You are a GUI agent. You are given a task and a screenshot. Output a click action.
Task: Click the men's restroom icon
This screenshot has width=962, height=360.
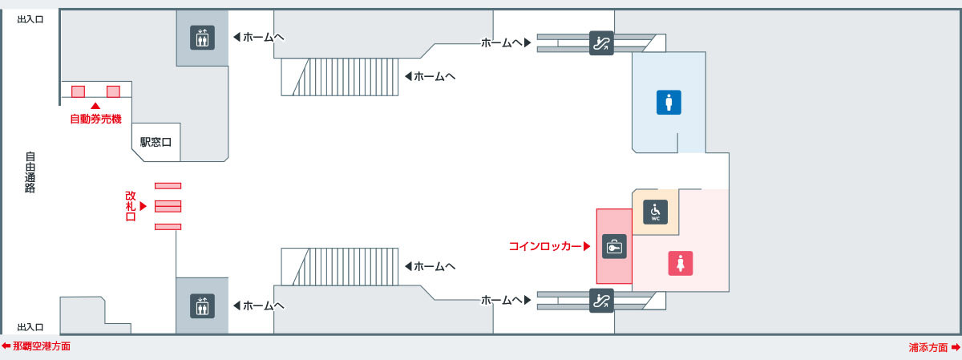669,103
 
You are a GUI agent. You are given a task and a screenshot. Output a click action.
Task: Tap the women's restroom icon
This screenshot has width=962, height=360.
681,263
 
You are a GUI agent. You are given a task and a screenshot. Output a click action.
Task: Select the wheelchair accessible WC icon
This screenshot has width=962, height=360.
656,212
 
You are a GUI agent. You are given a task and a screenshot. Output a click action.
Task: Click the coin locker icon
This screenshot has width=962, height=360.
614,247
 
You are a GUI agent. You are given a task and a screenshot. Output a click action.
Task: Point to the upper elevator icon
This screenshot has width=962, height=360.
202,38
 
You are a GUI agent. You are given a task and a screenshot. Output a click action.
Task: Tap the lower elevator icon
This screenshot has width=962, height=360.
202,305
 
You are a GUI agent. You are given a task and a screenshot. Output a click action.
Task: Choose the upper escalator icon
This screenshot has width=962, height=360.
601,43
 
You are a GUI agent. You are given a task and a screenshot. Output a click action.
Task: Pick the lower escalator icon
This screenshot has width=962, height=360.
601,301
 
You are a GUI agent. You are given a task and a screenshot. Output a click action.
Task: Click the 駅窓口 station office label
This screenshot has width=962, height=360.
156,142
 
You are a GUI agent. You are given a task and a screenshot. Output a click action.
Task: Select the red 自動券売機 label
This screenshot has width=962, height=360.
95,119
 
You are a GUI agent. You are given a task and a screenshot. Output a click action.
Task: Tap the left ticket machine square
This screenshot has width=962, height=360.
78,91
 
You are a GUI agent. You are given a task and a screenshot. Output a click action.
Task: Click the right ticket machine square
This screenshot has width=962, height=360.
113,91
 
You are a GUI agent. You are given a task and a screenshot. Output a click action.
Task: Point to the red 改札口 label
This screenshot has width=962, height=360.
131,206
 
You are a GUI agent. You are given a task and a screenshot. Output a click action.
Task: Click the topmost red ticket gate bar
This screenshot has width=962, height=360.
168,186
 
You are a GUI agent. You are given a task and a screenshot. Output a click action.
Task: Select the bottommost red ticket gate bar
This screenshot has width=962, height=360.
168,227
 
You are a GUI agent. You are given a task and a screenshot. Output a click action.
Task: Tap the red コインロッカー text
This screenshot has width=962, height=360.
545,246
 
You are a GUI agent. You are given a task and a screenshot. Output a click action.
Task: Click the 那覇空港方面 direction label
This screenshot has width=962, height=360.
42,346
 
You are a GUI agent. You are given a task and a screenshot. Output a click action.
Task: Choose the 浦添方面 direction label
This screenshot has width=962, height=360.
928,347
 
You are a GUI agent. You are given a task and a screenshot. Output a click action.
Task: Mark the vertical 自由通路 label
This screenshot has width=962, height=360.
30,172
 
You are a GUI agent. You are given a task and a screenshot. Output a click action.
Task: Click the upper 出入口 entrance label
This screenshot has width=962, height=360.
30,19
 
